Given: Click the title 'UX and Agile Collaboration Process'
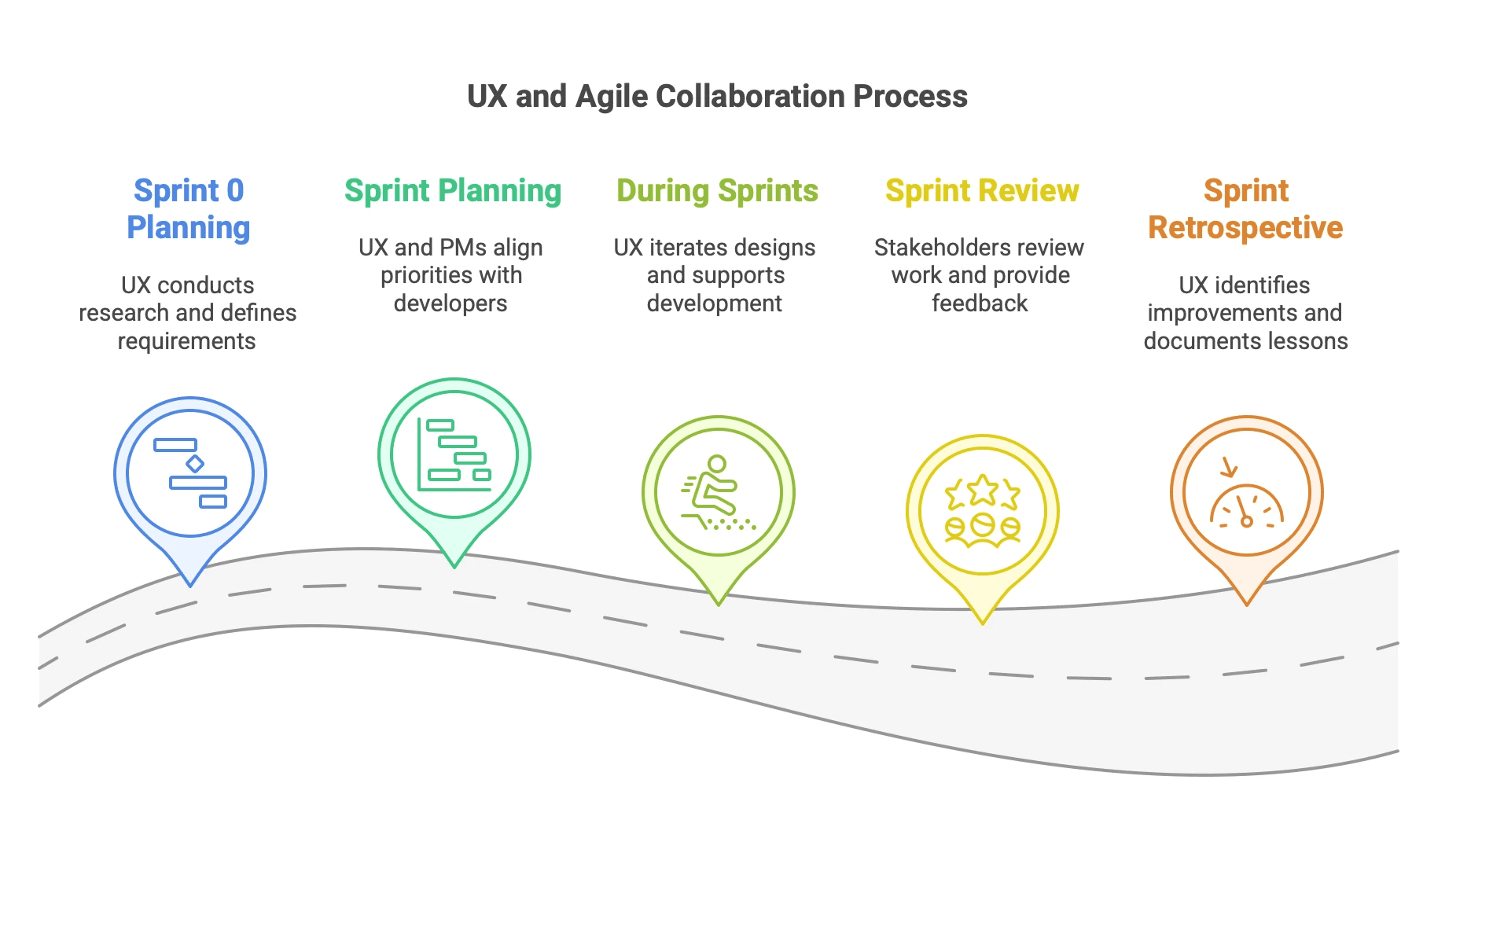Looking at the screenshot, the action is click(x=717, y=97).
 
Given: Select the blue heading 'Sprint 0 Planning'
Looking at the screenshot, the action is click(x=189, y=209).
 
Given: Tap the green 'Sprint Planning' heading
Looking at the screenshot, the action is click(x=453, y=191).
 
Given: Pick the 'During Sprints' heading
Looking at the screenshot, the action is click(x=717, y=191).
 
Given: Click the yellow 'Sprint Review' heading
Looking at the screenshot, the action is click(x=982, y=191).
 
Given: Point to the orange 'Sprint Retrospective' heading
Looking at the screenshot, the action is click(x=1245, y=209).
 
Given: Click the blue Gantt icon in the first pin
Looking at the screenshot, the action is click(x=190, y=473).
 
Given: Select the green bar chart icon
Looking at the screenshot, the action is click(x=454, y=454).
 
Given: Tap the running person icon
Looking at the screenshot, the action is click(x=718, y=493).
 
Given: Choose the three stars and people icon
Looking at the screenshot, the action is click(x=983, y=511).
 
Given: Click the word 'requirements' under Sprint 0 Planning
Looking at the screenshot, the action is click(x=186, y=341).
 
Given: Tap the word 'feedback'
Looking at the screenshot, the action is click(x=980, y=303).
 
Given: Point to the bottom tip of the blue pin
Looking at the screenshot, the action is click(x=190, y=586).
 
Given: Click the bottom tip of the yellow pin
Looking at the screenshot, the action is click(x=983, y=624).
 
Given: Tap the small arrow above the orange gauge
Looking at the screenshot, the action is click(x=1228, y=468).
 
